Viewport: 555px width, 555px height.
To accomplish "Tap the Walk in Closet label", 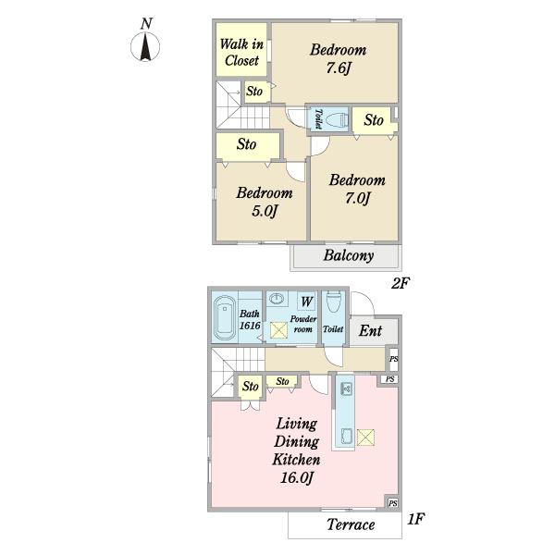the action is pos(241,53).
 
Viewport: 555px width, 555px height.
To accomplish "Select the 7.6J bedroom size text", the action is pos(338,68).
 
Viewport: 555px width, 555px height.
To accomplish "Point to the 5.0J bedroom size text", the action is pos(264,211).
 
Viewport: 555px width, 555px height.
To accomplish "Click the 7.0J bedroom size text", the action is pos(357,198).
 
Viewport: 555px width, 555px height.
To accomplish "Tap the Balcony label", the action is pos(349,255).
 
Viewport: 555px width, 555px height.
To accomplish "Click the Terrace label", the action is pos(351,524).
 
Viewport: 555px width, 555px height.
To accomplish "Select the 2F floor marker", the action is pos(401,283).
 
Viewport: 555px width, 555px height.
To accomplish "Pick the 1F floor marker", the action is pos(415,519).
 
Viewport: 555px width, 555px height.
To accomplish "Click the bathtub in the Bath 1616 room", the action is pos(225,318).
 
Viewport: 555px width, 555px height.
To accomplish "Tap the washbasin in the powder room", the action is pos(277,299).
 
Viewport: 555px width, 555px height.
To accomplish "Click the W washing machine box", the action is pos(306,302).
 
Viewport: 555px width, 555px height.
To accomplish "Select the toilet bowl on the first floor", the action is pos(333,302).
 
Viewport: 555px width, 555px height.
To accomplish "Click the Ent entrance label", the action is pos(370,330).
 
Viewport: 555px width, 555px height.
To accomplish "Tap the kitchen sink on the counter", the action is pos(347,389).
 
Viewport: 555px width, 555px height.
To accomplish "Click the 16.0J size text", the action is pos(297,478).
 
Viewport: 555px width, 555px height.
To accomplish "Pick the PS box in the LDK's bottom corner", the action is pos(392,503).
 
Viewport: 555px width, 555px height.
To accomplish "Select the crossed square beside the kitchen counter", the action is pos(365,438).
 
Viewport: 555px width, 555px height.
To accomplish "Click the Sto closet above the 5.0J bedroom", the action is pos(247,146).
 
